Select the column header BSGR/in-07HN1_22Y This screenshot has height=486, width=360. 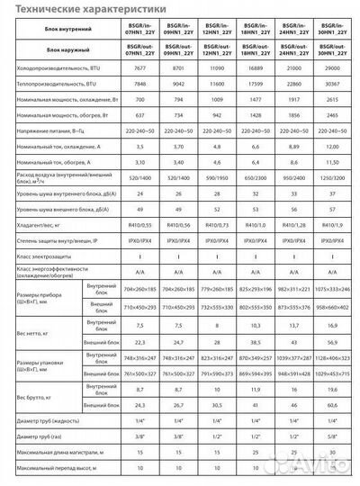coord(141,29)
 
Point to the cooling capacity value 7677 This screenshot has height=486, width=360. coord(141,68)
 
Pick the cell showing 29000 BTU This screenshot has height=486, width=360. coord(334,68)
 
